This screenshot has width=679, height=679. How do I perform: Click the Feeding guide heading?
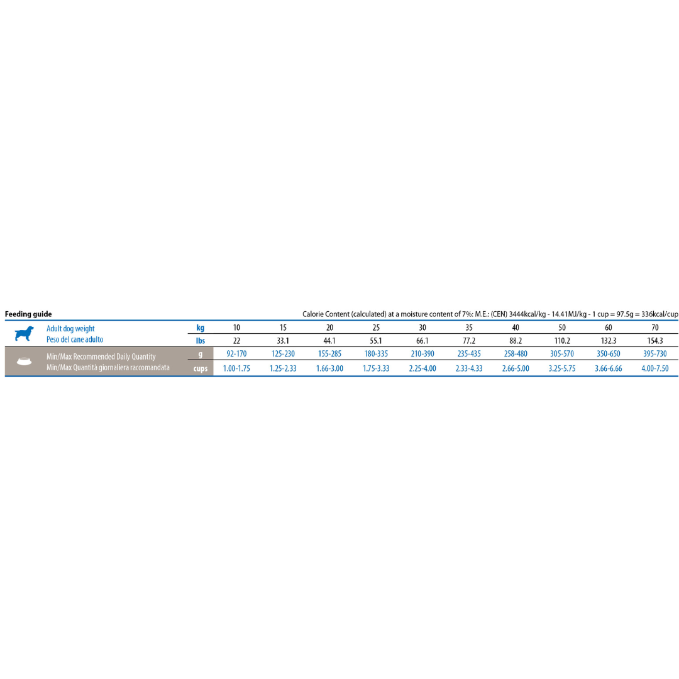tap(28, 314)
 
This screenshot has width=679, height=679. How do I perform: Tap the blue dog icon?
tap(24, 334)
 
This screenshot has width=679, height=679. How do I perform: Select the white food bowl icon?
tap(25, 361)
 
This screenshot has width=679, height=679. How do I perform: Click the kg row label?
tap(200, 328)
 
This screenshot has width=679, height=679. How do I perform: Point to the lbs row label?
tap(200, 341)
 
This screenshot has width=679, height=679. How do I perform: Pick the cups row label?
tap(201, 368)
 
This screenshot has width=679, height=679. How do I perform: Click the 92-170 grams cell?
tap(236, 354)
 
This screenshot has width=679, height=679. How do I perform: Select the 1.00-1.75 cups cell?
tap(236, 368)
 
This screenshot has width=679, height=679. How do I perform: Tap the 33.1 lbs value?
tap(283, 341)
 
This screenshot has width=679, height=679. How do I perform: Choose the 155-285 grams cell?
tap(329, 354)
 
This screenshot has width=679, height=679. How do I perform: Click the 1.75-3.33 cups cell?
tap(376, 368)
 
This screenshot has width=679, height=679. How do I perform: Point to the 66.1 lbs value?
tap(422, 341)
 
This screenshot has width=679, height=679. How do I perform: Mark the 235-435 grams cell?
tap(469, 354)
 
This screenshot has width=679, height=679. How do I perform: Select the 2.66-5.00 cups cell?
tap(516, 368)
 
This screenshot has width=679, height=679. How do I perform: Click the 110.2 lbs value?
tap(562, 341)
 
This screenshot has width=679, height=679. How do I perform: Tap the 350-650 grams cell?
tap(609, 354)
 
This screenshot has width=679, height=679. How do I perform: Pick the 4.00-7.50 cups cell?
tap(654, 368)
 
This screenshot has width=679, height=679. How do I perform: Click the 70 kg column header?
tap(654, 328)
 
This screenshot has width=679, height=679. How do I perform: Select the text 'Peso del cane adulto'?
tap(75, 339)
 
